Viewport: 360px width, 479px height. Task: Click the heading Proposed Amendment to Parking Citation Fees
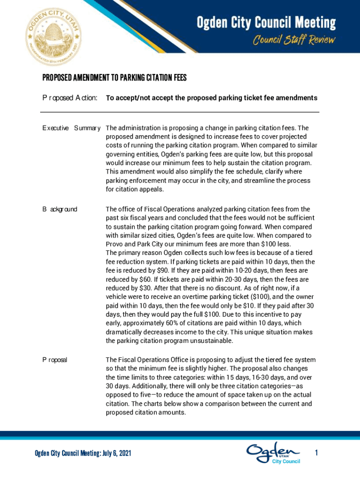[115, 78]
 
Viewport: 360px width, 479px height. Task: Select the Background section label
[60, 209]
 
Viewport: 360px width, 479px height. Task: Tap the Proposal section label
[55, 360]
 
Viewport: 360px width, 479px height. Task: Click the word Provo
[115, 244]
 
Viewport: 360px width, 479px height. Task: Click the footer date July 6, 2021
[110, 453]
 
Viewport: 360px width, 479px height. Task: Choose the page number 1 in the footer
[317, 453]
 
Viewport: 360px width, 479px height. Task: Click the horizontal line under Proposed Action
[180, 112]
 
